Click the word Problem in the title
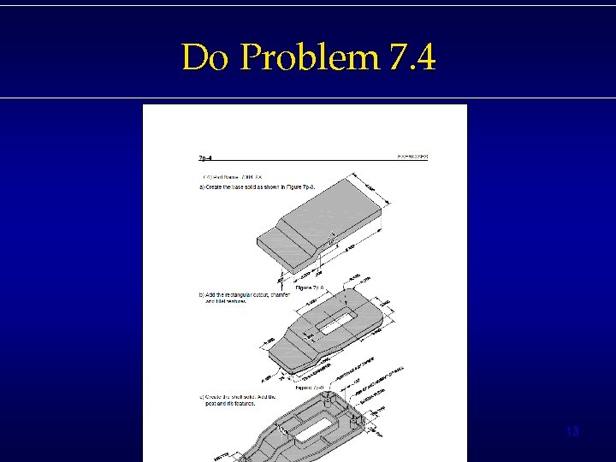point(309,58)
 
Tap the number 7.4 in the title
point(412,58)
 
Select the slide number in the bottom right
point(572,432)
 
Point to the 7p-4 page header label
point(205,157)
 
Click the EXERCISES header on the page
point(412,157)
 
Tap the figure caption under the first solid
point(309,288)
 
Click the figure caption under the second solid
point(309,388)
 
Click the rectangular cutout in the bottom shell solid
point(317,430)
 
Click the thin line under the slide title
point(308,98)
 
